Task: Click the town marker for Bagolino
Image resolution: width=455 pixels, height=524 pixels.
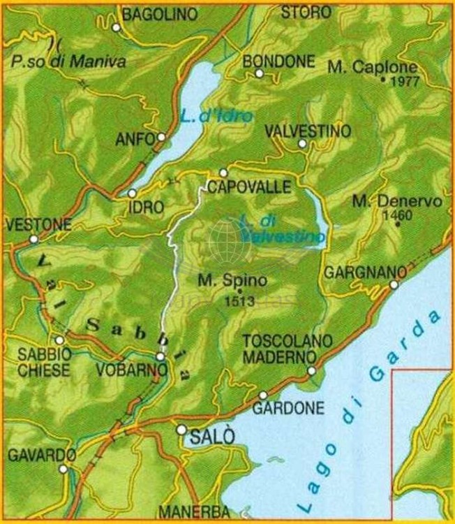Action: [x=117, y=28]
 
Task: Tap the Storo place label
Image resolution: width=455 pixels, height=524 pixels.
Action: [x=305, y=12]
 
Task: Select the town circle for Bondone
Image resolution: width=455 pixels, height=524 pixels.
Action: [x=259, y=73]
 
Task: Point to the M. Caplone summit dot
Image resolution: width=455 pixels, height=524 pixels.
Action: [x=383, y=80]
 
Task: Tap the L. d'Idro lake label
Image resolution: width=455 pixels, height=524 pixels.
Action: [x=214, y=117]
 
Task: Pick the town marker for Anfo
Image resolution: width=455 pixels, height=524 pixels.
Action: [x=161, y=138]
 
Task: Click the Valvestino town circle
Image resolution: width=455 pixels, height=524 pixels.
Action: [x=302, y=144]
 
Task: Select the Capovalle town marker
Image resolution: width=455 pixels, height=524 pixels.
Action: [x=223, y=173]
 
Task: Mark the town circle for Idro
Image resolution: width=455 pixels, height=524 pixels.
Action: [x=132, y=194]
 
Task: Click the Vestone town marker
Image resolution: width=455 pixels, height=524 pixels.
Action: [x=33, y=240]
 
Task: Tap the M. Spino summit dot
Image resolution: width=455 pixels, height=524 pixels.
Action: [x=239, y=291]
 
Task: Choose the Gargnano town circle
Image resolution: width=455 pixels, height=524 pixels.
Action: [x=394, y=284]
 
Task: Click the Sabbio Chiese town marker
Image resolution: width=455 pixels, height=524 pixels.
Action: [x=60, y=340]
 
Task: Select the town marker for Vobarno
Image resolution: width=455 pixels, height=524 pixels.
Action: [x=161, y=357]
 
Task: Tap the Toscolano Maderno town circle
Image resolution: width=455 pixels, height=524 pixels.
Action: [x=311, y=370]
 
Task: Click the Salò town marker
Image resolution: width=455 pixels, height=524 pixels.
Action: [x=181, y=430]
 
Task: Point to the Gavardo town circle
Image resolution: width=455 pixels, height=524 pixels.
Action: [x=64, y=470]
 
